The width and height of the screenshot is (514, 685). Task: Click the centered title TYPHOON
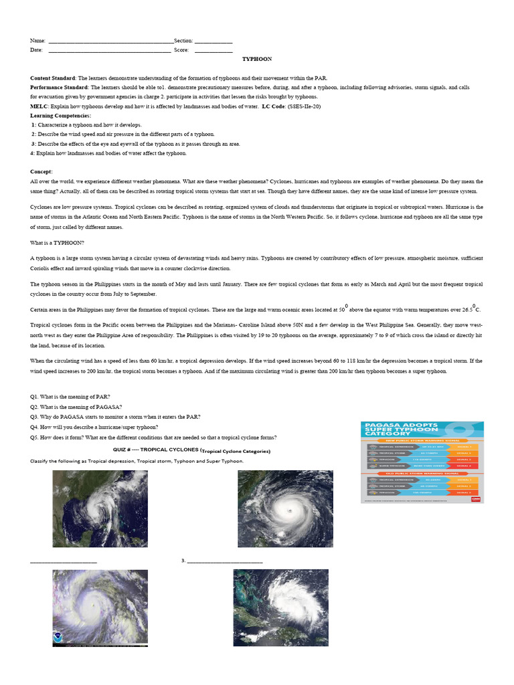(x=257, y=59)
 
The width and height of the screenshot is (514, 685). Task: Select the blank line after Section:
(x=213, y=42)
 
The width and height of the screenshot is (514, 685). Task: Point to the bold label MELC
(x=39, y=106)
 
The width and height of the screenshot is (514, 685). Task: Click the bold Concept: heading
(x=41, y=171)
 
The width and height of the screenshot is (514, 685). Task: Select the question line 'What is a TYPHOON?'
(x=57, y=242)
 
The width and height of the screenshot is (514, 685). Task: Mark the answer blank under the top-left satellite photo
(x=64, y=561)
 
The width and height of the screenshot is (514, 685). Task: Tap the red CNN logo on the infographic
(x=477, y=497)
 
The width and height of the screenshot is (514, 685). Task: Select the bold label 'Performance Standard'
(x=60, y=88)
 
